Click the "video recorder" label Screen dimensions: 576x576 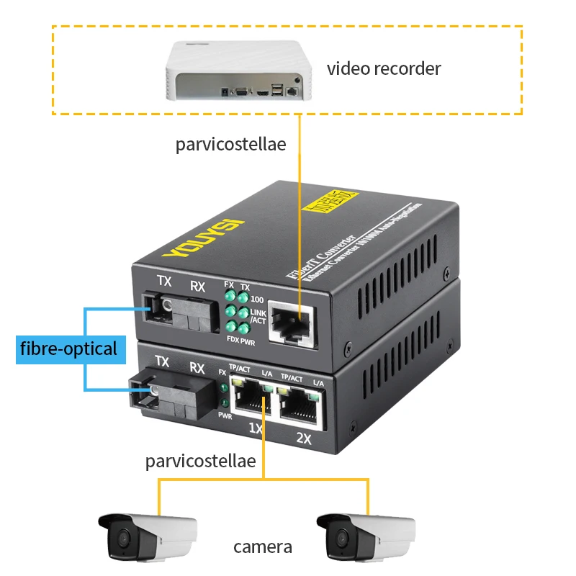[x=383, y=69]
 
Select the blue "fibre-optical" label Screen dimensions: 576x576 [x=68, y=349]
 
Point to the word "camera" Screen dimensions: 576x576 [x=263, y=546]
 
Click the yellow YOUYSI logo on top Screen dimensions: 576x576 [x=204, y=234]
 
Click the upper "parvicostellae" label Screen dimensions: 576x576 [x=230, y=144]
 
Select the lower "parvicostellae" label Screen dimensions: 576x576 [x=200, y=461]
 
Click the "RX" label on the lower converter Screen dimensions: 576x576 [x=197, y=368]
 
